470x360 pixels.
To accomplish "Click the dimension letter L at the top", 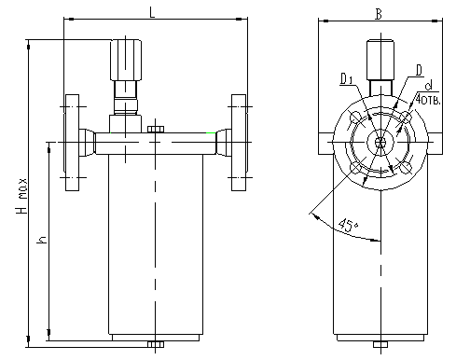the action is (152, 12).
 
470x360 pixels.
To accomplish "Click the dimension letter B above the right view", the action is (379, 14).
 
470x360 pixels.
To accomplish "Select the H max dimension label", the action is (22, 196).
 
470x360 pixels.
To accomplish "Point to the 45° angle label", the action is (349, 225).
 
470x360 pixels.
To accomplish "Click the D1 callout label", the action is (346, 78).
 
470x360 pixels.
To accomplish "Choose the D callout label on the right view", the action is (420, 70).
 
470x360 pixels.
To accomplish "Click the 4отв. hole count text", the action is (428, 99).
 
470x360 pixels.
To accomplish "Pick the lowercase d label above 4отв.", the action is (429, 86).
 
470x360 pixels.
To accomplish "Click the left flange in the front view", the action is (72, 143).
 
